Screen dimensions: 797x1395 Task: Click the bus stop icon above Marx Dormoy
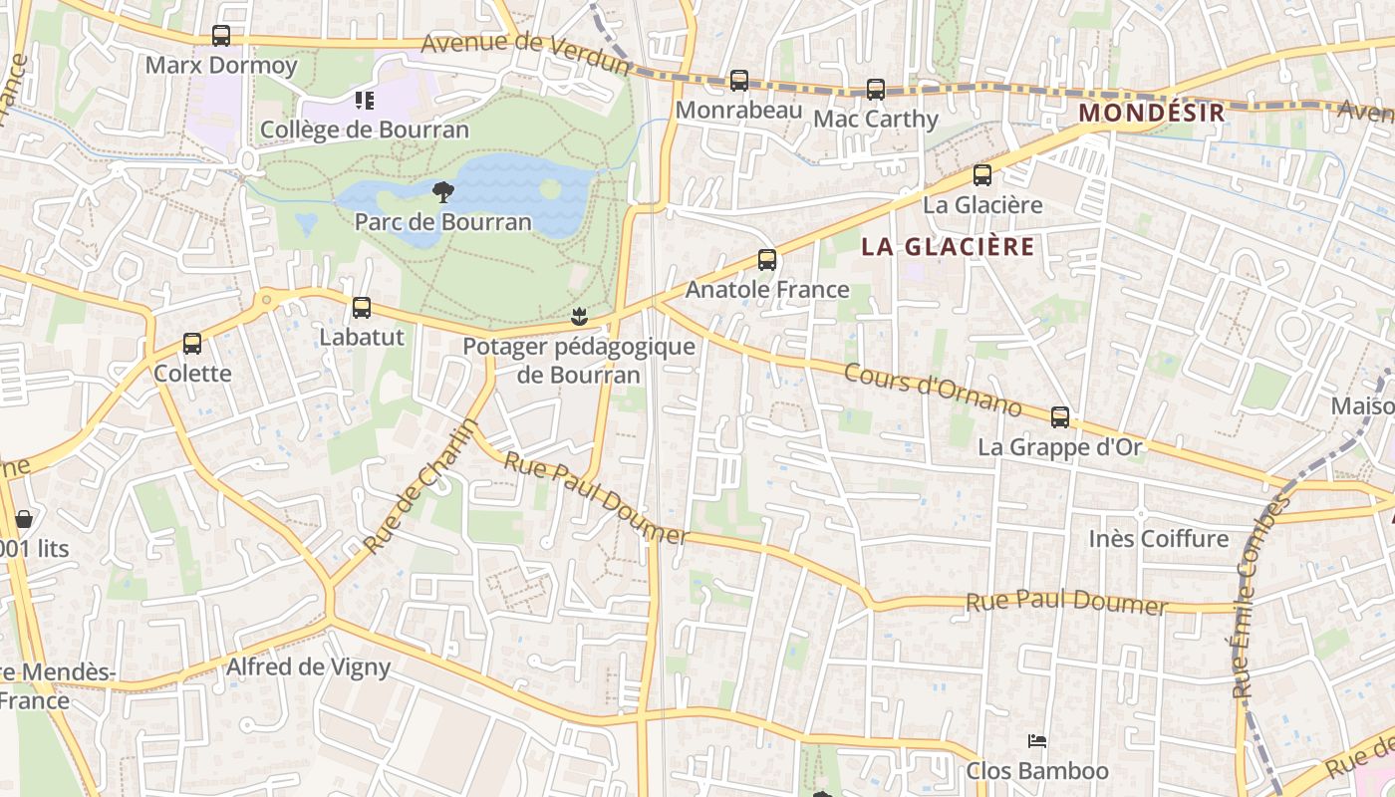(221, 36)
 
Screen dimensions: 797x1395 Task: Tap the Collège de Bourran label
(365, 130)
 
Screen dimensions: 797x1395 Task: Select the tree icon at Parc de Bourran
(443, 192)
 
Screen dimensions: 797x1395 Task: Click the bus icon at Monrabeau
(738, 81)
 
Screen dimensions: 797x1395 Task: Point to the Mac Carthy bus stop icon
(876, 90)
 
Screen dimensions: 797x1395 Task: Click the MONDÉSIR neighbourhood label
(1151, 113)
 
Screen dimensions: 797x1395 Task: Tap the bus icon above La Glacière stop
(982, 175)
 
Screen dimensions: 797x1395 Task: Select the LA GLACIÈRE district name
(948, 247)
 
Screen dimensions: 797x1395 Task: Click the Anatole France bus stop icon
(767, 260)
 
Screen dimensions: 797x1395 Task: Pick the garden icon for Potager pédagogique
(578, 318)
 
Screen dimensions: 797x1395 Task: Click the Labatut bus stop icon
(362, 308)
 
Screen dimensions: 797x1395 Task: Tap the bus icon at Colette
(192, 344)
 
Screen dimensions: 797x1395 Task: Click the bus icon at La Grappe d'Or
(1060, 417)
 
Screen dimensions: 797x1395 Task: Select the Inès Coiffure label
(1158, 539)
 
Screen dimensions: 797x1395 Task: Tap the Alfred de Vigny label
(309, 666)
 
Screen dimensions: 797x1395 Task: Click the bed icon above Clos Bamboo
(1037, 741)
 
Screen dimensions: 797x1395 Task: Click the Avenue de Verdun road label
(526, 53)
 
